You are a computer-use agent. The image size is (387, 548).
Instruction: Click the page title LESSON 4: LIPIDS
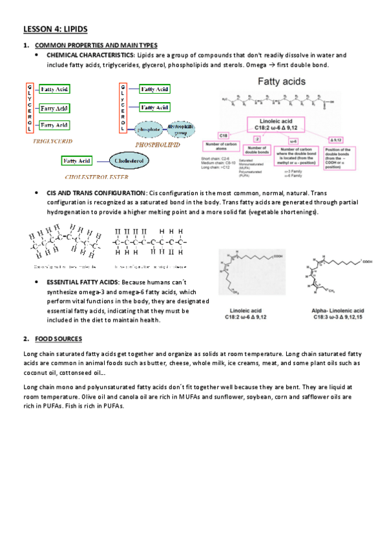click(x=55, y=29)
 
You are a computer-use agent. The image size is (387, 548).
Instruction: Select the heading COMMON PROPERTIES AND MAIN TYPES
click(x=96, y=45)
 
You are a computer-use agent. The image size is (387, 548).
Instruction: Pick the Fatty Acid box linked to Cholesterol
click(x=77, y=160)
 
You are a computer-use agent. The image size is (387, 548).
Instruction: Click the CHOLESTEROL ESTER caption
click(x=97, y=176)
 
